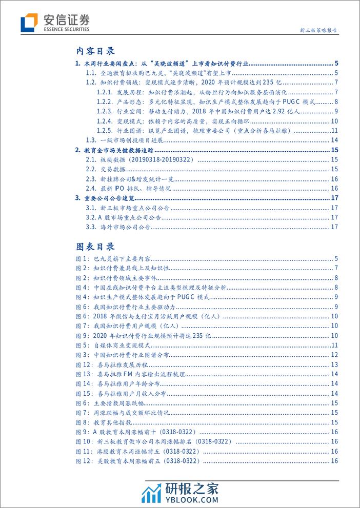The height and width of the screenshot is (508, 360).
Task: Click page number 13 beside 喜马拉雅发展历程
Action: click(x=334, y=364)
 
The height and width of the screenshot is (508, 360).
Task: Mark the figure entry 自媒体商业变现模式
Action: click(x=128, y=346)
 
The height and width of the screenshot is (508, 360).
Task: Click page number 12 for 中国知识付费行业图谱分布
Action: click(x=334, y=355)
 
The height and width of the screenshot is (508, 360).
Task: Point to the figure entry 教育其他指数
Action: click(x=118, y=422)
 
